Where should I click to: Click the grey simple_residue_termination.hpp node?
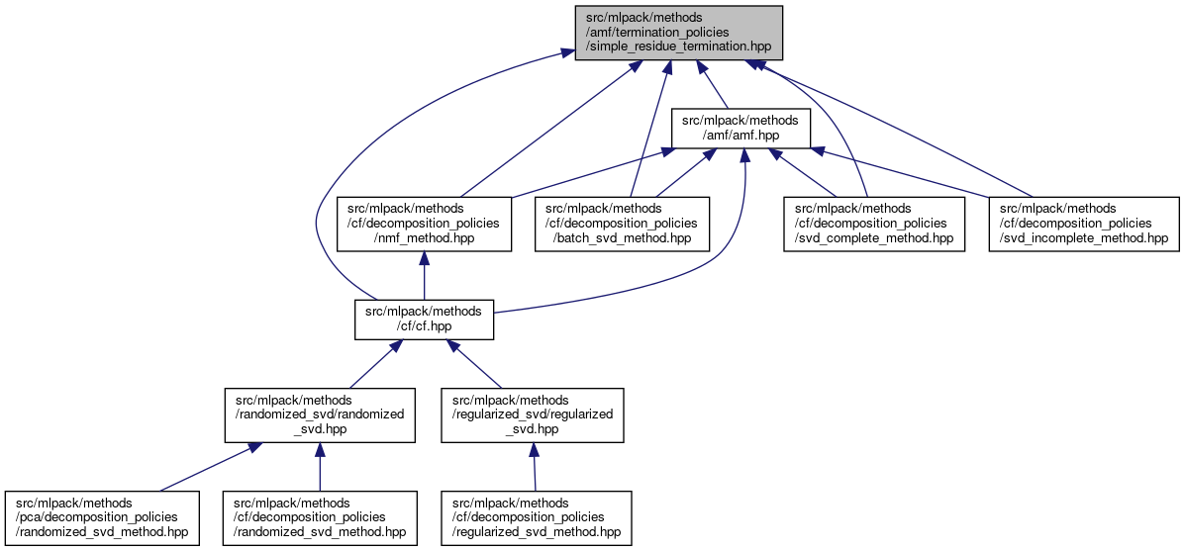[x=679, y=33]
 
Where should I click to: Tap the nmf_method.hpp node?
[x=424, y=224]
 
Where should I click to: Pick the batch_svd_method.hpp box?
[x=621, y=224]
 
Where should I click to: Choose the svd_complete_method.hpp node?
[x=874, y=224]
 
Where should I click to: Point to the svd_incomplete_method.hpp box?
[x=1083, y=224]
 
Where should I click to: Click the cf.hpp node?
[x=424, y=319]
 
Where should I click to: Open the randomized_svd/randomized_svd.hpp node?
[x=320, y=414]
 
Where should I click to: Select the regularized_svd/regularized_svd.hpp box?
[x=533, y=414]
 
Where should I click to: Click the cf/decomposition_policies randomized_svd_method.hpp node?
[x=320, y=517]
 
